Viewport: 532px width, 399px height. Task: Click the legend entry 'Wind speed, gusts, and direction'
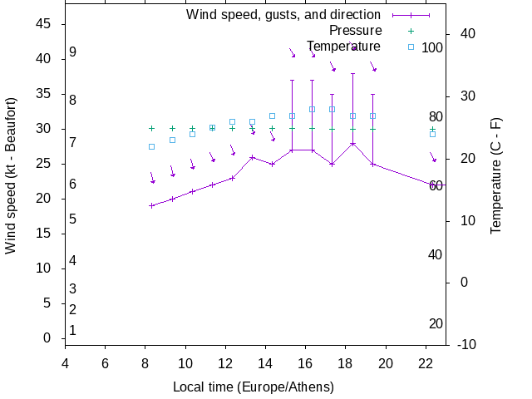click(x=283, y=15)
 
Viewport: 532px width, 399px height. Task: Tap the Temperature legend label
click(x=343, y=46)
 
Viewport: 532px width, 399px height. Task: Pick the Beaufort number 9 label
click(x=73, y=52)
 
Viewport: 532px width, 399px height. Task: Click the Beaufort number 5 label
click(x=73, y=219)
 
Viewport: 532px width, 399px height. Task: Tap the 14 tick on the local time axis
click(x=265, y=363)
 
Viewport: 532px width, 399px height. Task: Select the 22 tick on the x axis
click(x=426, y=363)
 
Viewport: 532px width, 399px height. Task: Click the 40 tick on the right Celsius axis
click(x=467, y=34)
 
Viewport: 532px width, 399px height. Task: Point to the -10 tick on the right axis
click(x=467, y=344)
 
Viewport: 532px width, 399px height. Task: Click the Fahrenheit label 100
click(x=432, y=47)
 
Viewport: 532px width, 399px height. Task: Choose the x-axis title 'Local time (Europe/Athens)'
click(x=254, y=387)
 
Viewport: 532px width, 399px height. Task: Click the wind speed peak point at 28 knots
click(x=352, y=143)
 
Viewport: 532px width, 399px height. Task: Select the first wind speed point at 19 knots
click(x=152, y=205)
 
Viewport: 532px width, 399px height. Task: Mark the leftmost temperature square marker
click(x=152, y=146)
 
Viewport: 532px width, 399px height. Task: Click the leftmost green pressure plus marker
click(x=152, y=129)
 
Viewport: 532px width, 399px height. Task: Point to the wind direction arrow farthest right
click(x=433, y=157)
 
